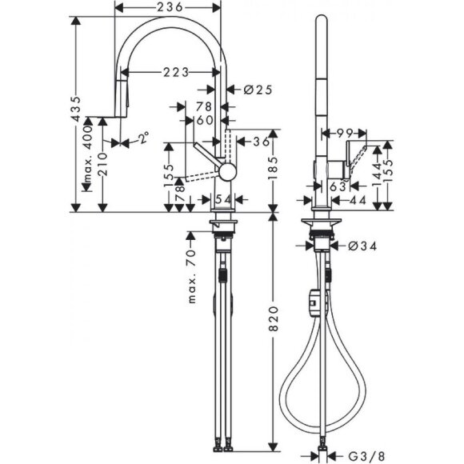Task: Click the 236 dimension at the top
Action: tap(167, 7)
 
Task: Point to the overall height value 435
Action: tap(78, 113)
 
